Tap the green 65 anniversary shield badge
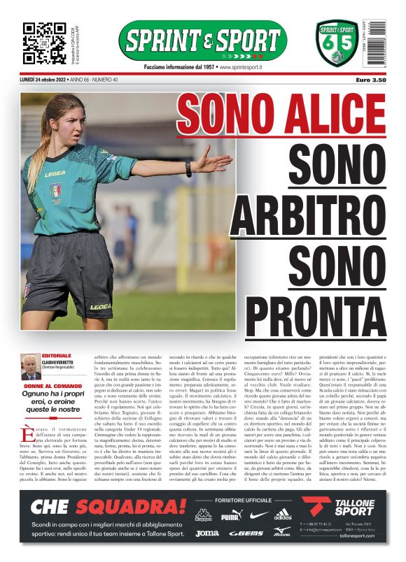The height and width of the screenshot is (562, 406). click(x=337, y=43)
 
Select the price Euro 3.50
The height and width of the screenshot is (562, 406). click(x=370, y=80)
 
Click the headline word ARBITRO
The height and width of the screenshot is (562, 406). click(x=308, y=210)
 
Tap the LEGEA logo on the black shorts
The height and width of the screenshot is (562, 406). click(x=99, y=306)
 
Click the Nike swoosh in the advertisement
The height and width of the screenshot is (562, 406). click(x=258, y=516)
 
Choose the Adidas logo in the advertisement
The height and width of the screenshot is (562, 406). click(x=283, y=516)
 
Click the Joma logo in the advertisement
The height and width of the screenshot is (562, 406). click(x=206, y=533)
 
